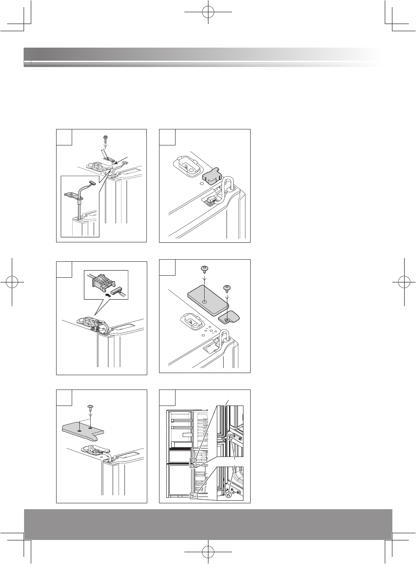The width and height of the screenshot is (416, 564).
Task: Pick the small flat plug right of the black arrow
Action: click(x=119, y=291)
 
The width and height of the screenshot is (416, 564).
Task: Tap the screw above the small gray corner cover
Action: click(x=227, y=289)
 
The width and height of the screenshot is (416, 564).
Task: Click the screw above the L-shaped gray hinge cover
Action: click(x=90, y=408)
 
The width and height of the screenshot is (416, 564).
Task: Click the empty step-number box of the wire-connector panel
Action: click(x=64, y=269)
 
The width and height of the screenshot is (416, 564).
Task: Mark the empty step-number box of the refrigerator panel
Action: click(x=167, y=397)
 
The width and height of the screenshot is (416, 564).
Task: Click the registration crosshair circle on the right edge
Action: click(x=404, y=281)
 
